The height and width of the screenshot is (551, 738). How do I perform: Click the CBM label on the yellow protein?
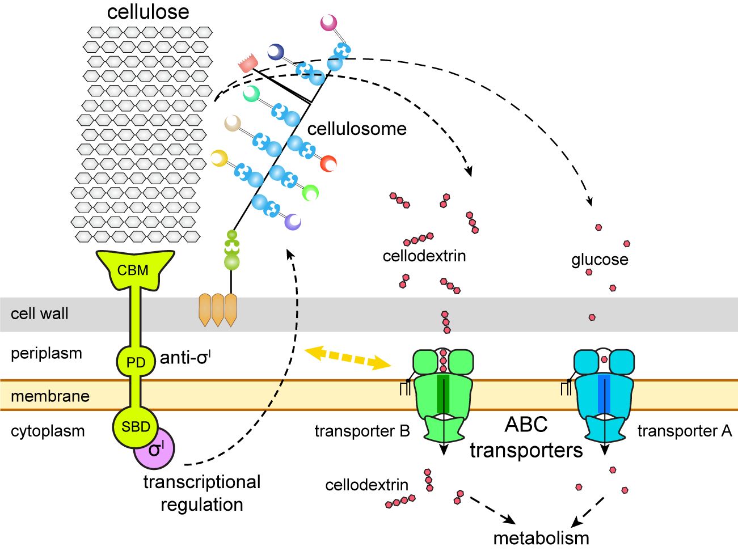coord(133,270)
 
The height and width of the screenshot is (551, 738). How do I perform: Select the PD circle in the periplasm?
coord(136,362)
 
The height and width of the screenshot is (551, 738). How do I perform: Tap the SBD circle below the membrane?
coord(136,427)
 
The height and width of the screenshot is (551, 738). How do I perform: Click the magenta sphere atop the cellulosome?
coord(328,23)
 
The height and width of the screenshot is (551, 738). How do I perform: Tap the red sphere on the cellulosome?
coord(328,163)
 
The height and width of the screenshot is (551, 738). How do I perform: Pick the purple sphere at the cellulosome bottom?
coord(293,222)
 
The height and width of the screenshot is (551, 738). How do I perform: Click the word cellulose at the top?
coord(148,12)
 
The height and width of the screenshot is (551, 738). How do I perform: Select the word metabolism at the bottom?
coord(541,537)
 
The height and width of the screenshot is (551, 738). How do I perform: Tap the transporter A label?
coord(685,431)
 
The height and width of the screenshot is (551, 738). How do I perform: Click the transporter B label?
coord(362,431)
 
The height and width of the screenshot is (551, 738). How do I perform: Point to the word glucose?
coord(600,260)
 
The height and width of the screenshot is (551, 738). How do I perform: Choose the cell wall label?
coord(40,313)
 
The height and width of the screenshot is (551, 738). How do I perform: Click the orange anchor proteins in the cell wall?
coord(217,310)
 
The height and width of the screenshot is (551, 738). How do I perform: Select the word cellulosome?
coord(357,129)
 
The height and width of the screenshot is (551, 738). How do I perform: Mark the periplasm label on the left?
coord(47,353)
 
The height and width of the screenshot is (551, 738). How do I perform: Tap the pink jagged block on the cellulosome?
coord(248,63)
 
